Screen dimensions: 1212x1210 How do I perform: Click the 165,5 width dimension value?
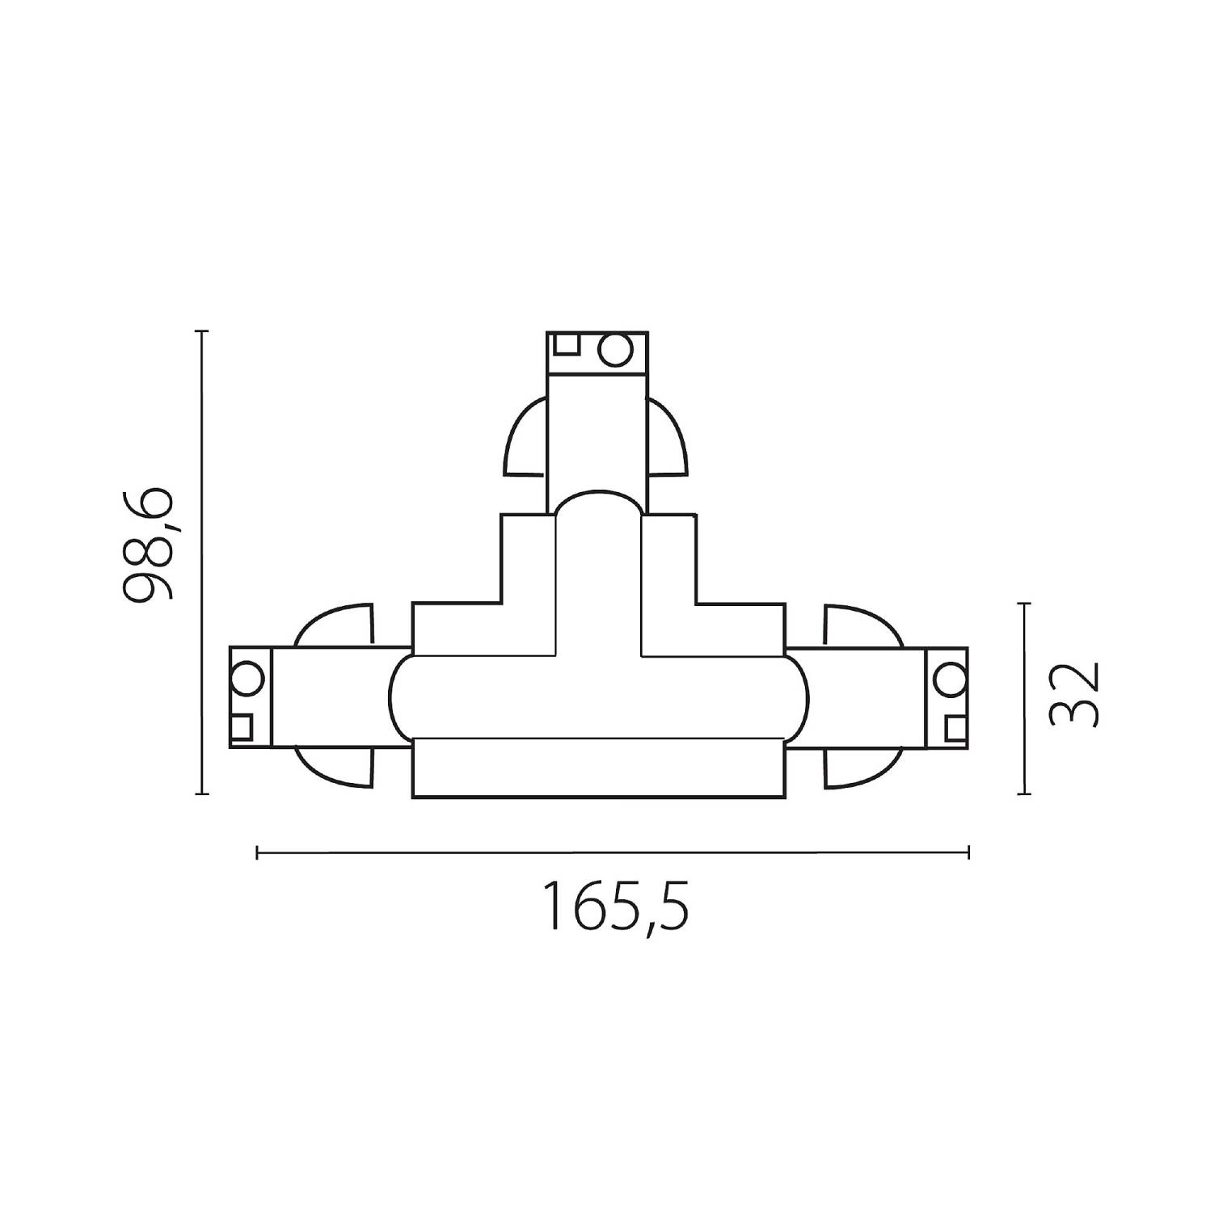618,907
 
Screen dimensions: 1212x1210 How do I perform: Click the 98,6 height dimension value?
149,545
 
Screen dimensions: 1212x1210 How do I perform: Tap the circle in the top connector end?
614,350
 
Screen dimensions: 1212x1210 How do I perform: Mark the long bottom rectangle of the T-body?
598,768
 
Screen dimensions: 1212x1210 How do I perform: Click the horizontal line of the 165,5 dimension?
612,852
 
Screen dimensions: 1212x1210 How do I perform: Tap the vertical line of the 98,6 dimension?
202,562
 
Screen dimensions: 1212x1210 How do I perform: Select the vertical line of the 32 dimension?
1025,699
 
